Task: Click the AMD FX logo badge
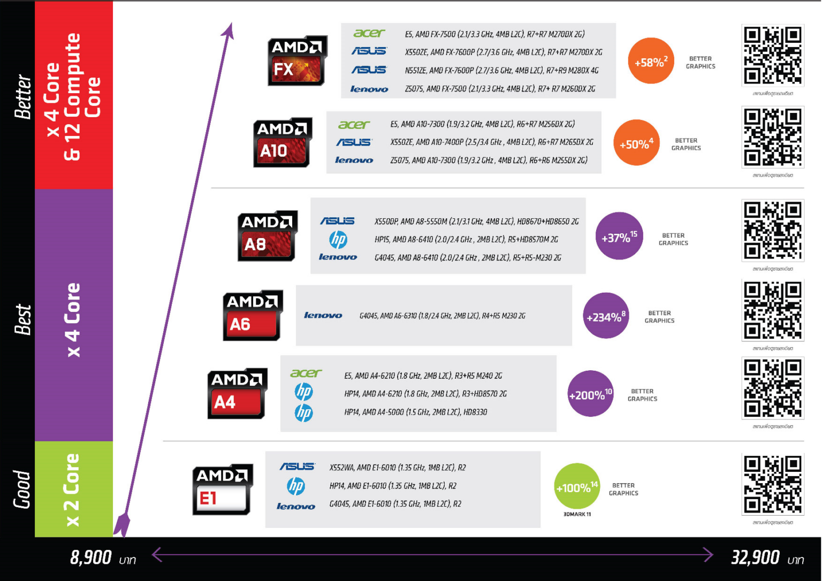coord(297,62)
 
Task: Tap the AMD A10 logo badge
coord(283,143)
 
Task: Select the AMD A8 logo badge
coord(267,236)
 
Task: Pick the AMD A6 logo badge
coord(252,316)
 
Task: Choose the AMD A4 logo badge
coord(237,393)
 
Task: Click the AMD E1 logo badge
coord(222,490)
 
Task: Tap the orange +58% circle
coord(651,61)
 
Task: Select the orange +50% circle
coord(636,143)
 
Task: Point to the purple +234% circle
coord(606,316)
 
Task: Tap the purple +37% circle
coord(619,236)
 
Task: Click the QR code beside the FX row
coord(772,56)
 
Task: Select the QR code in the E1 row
coord(772,485)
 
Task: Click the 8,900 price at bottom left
coord(91,557)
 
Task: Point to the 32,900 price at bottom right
coord(755,557)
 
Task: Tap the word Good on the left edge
coord(21,489)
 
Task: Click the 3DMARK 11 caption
coord(577,514)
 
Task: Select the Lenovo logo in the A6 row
coord(323,316)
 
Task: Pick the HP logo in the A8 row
coord(338,239)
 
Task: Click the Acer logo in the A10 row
coord(354,125)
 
